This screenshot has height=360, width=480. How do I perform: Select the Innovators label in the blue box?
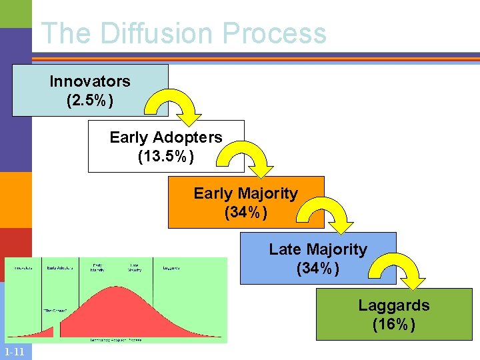click(x=90, y=81)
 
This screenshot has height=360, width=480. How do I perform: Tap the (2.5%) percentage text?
click(x=90, y=101)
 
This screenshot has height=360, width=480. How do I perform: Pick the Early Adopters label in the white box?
click(x=166, y=137)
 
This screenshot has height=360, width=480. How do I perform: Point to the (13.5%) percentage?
click(x=166, y=157)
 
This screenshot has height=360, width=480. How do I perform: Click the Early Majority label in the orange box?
click(x=245, y=193)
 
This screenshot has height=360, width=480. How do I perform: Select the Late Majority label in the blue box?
click(x=318, y=249)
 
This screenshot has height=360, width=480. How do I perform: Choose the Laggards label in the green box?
click(x=393, y=305)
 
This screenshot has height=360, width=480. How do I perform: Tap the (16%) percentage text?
click(x=393, y=325)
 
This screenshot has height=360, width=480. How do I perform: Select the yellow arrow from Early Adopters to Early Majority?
click(x=250, y=162)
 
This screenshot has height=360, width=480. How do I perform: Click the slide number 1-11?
click(x=14, y=353)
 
